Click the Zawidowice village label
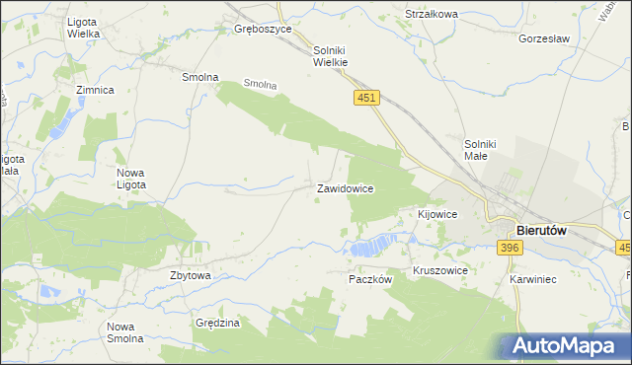click(x=345, y=187)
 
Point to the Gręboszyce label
click(x=263, y=30)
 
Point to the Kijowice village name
click(x=437, y=214)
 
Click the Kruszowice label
click(x=439, y=269)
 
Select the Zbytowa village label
click(x=191, y=276)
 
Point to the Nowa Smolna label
click(x=125, y=332)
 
